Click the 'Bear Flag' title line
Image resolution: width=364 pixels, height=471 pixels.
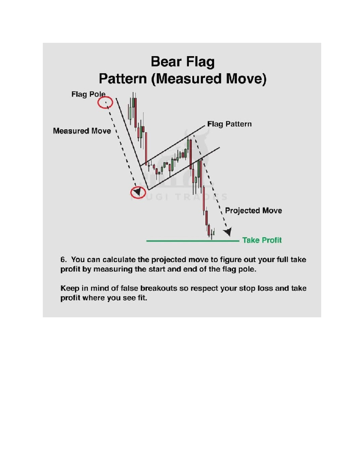(x=183, y=62)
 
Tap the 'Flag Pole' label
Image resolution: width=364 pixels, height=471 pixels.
(x=88, y=94)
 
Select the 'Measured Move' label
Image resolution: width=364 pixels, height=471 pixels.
(x=82, y=131)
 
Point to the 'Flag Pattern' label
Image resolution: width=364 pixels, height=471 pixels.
(x=229, y=124)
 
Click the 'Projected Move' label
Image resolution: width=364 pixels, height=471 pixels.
(x=253, y=210)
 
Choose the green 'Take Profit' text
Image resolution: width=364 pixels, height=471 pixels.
(x=262, y=240)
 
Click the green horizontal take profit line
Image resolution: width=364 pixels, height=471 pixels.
(x=193, y=241)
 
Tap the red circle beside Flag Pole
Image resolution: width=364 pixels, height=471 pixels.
(x=105, y=103)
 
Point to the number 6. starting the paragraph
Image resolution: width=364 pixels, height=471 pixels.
(x=63, y=260)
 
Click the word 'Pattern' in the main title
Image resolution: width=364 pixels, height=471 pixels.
(x=123, y=79)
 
